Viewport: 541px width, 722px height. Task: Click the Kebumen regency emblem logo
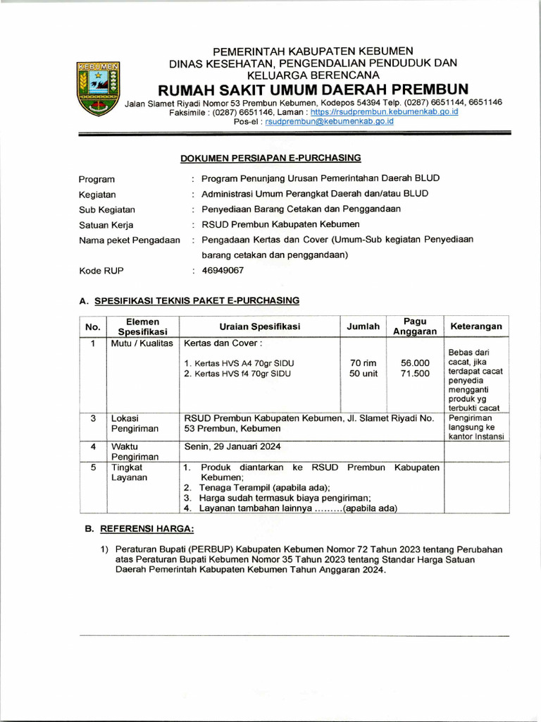tap(99, 88)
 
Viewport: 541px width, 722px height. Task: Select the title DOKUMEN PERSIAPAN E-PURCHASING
tap(270, 158)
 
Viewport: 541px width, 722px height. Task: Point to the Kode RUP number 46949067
tap(223, 270)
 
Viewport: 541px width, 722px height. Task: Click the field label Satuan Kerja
tap(106, 225)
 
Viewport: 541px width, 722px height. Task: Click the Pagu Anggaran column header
tap(415, 326)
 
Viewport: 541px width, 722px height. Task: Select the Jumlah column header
tap(363, 326)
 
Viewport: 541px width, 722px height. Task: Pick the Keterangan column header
tap(476, 326)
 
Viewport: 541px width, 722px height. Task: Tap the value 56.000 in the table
tap(415, 363)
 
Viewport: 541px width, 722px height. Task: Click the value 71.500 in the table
tap(415, 374)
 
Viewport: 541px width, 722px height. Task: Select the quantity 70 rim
tap(363, 363)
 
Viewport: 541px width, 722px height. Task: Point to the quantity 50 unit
tap(363, 374)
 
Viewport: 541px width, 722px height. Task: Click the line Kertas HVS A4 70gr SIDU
tap(239, 363)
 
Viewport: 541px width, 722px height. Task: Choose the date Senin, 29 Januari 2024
tap(233, 446)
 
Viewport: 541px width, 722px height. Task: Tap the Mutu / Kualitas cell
tap(142, 343)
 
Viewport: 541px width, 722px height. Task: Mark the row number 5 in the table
tap(93, 467)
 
